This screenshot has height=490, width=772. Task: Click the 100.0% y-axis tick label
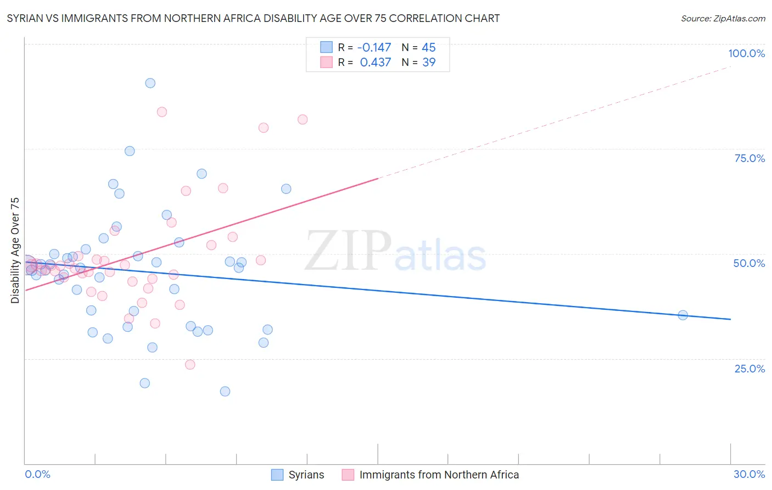(746, 53)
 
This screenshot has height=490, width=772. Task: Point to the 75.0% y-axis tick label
(749, 158)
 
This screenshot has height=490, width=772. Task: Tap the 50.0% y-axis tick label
(749, 263)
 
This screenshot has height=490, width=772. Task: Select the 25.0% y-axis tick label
(749, 368)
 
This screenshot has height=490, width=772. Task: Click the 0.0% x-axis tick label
(37, 474)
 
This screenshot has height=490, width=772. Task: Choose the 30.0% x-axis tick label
(749, 474)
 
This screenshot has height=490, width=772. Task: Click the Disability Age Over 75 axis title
(15, 250)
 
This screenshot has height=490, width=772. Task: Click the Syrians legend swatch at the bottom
(277, 475)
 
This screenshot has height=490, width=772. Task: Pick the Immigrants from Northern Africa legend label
(439, 475)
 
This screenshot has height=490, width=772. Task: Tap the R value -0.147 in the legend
(374, 48)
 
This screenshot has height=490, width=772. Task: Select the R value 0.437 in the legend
(376, 63)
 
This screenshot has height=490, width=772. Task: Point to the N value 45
(428, 48)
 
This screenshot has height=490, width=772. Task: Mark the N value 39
(428, 63)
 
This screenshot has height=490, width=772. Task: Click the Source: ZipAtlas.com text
(723, 19)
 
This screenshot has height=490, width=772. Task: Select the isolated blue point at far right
(683, 315)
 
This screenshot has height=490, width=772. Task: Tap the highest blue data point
(150, 83)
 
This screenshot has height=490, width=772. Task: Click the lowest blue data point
(225, 392)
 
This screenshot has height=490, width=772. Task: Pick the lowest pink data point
(190, 365)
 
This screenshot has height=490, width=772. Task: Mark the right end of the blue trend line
(730, 319)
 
